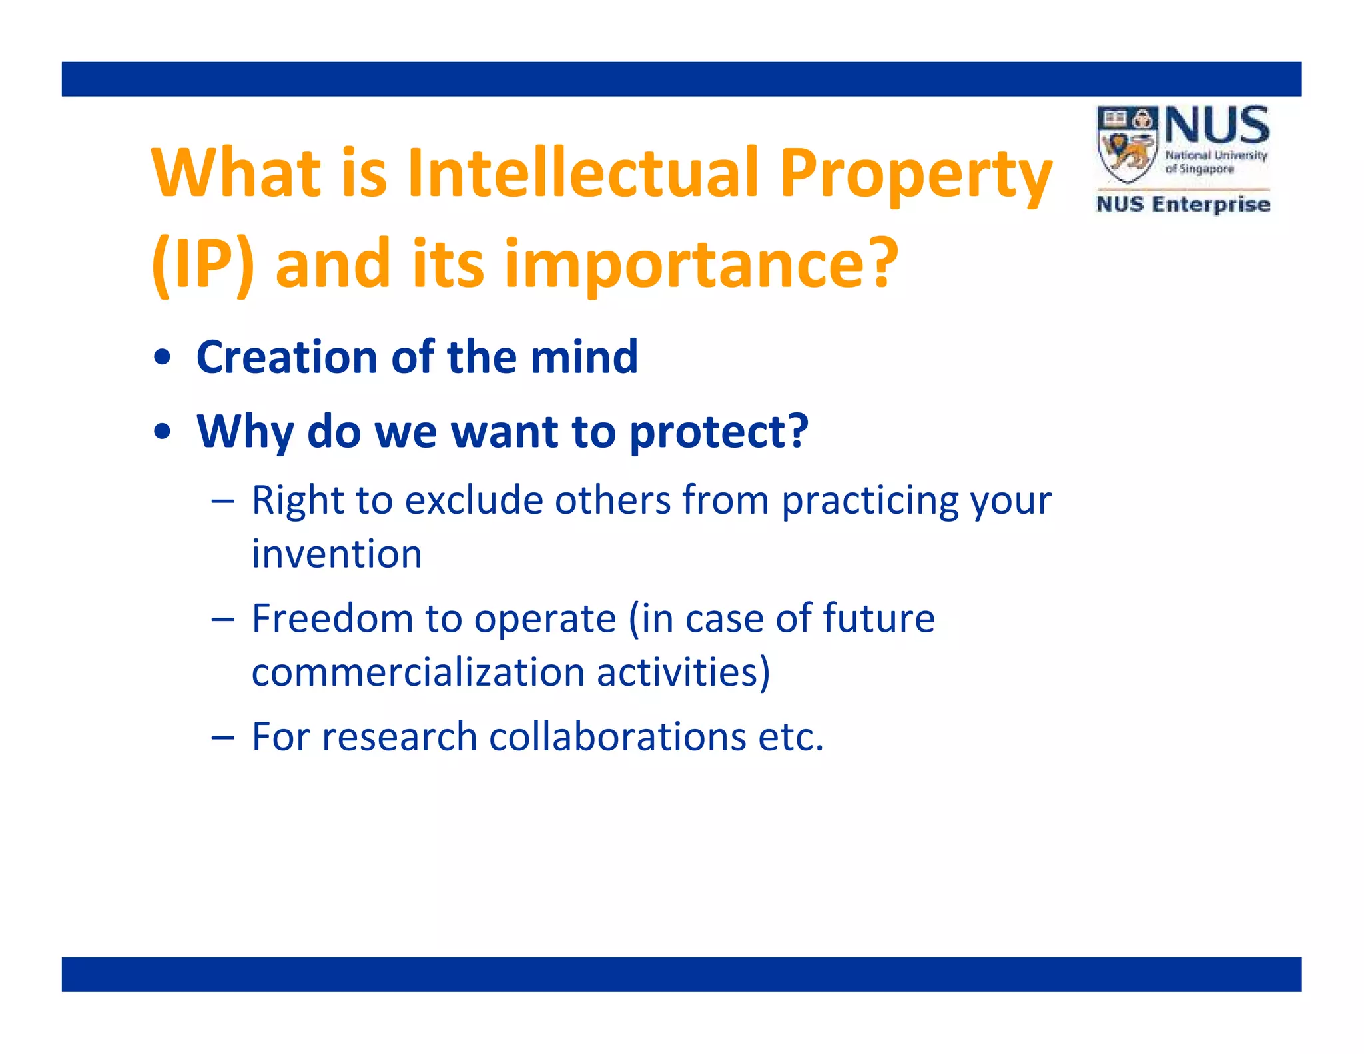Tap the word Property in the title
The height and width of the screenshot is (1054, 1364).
tap(916, 175)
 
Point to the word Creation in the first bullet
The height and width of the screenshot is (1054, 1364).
tap(287, 357)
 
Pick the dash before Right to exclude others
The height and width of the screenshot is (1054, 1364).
tap(222, 502)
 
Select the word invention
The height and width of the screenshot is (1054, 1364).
tap(336, 554)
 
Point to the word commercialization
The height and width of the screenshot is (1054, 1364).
tap(418, 672)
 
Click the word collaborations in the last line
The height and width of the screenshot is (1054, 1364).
tap(617, 737)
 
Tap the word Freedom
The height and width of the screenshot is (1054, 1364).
tap(332, 618)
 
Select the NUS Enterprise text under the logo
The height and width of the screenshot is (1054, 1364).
tap(1183, 204)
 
